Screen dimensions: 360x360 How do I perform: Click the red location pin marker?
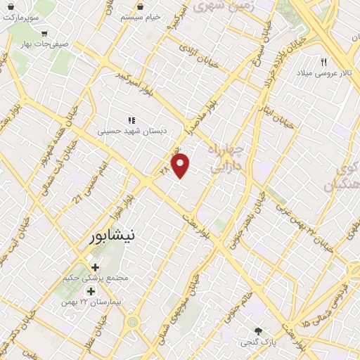[x=181, y=166]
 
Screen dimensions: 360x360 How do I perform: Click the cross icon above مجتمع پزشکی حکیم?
[x=96, y=267]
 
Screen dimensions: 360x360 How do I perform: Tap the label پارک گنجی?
[x=258, y=343]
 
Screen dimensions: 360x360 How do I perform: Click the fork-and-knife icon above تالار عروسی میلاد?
[x=324, y=62]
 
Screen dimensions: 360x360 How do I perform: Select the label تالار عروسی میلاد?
[x=324, y=73]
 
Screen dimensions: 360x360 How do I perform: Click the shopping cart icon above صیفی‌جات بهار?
[x=45, y=33]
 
